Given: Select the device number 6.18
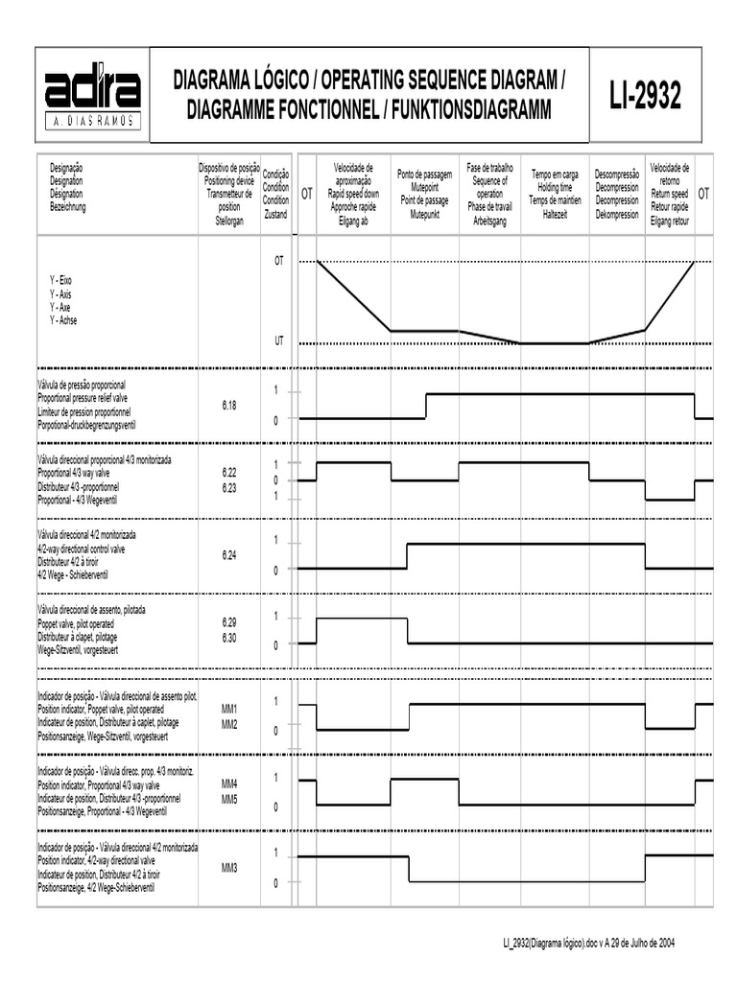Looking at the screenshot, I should click(228, 406).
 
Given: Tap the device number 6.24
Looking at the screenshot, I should click(228, 555).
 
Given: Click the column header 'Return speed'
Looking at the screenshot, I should click(669, 195).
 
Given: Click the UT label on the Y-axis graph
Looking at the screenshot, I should click(279, 340).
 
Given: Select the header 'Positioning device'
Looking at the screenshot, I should click(228, 177).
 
